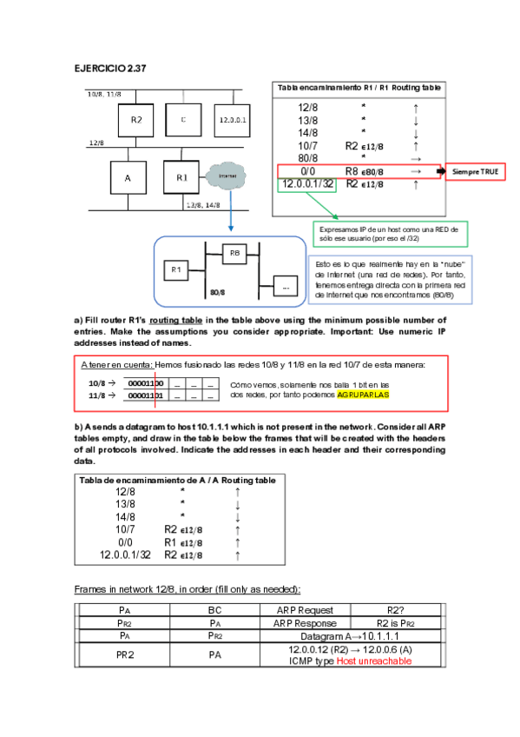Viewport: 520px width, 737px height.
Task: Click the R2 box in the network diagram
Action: coord(136,119)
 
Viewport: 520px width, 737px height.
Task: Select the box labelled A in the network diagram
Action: coord(128,177)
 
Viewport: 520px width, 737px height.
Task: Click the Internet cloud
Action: coord(227,176)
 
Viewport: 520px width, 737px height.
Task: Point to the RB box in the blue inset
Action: coord(234,254)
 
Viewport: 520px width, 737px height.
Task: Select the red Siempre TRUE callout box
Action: coord(476,172)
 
